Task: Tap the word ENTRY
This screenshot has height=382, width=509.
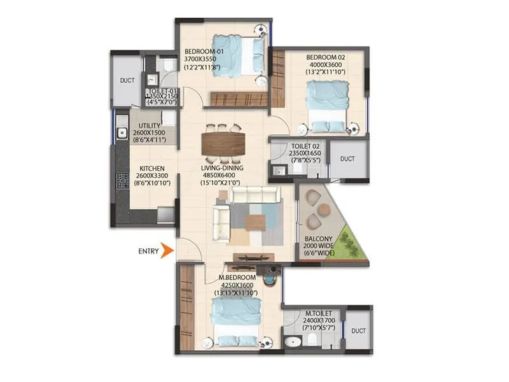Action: point(148,251)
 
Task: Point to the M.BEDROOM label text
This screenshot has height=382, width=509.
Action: point(237,278)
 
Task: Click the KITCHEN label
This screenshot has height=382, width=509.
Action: point(153,169)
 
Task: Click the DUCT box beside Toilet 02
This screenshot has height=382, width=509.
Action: point(347,159)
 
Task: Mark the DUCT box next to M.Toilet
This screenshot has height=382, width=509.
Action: point(358,330)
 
